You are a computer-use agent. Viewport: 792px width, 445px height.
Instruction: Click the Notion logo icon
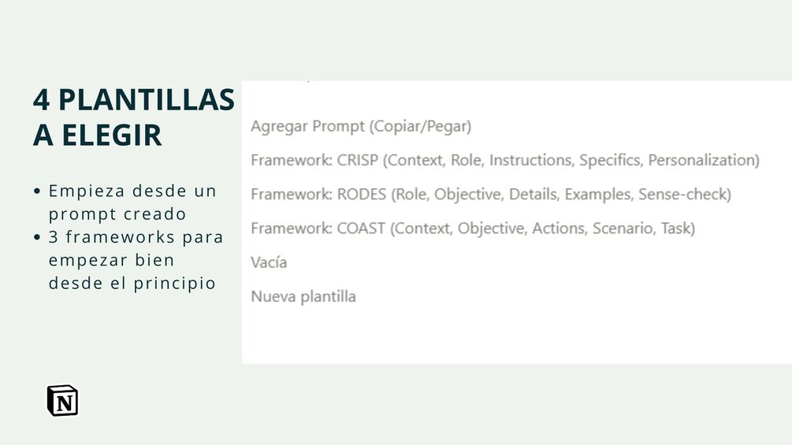62,401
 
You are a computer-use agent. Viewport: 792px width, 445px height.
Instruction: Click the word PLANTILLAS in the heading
147,99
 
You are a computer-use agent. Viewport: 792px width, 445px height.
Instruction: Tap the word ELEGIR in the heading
112,135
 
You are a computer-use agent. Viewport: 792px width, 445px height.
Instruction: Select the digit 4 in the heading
42,99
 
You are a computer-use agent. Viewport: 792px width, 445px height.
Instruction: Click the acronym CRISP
358,160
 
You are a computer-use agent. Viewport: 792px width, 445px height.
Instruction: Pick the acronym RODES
362,195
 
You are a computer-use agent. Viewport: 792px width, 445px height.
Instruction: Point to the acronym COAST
361,228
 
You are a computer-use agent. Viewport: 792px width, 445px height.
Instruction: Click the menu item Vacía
269,262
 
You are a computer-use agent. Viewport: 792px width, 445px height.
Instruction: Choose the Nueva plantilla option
303,296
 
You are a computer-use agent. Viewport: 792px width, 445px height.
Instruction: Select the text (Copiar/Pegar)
421,126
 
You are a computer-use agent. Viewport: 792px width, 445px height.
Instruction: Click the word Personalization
701,160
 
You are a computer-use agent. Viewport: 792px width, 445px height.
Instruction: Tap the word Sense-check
682,195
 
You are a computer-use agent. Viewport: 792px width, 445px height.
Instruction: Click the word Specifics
612,161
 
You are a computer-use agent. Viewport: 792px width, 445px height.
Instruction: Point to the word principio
175,284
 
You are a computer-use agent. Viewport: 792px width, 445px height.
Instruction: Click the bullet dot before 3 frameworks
37,237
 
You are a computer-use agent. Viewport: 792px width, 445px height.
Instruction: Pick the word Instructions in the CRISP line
532,160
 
